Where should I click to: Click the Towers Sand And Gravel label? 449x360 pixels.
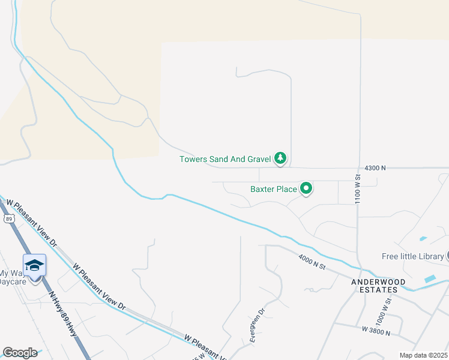[225, 159]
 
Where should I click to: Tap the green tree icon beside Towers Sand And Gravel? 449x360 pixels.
[280, 158]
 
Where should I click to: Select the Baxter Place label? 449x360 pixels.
[274, 189]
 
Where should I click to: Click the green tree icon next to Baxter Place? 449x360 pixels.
[306, 189]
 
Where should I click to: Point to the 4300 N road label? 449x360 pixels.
[374, 169]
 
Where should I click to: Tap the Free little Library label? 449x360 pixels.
[412, 256]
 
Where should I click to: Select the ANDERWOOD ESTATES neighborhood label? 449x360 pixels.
[379, 286]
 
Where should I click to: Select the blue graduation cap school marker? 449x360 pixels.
[34, 265]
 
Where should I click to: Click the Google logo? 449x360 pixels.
[20, 353]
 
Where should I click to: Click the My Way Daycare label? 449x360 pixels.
[11, 277]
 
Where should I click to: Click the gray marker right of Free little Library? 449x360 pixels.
[447, 256]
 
